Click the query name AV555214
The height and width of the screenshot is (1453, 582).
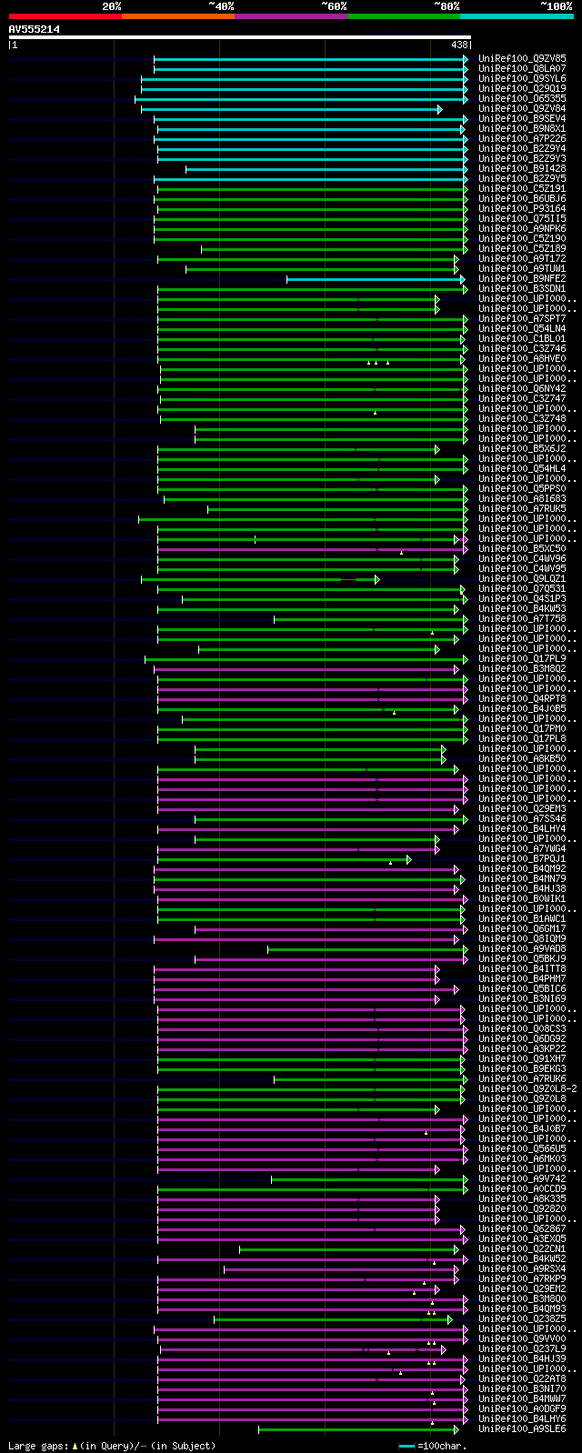[35, 29]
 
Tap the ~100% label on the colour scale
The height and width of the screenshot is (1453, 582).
[556, 6]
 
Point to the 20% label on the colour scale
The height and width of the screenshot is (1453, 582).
[111, 6]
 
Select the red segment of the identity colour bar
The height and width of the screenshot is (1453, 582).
[65, 16]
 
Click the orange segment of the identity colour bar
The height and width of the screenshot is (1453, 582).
[177, 16]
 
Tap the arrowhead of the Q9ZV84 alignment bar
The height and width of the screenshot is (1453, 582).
[439, 109]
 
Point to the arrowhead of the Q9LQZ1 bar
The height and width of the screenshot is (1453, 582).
[376, 579]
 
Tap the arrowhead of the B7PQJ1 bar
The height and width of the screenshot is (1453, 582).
[408, 859]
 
